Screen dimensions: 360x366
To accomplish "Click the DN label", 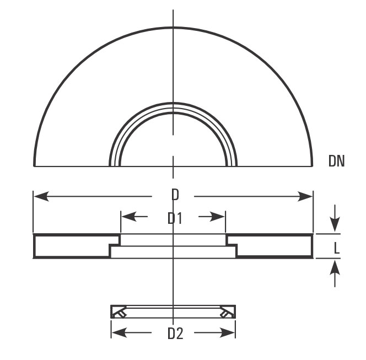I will [x=336, y=161].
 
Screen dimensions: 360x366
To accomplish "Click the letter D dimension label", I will [x=175, y=195].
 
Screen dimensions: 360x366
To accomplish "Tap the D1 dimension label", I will [x=175, y=218].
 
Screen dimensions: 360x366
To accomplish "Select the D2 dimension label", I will [x=175, y=334].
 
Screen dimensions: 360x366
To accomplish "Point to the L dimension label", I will [x=337, y=249].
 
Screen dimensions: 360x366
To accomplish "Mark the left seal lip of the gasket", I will [x=120, y=313].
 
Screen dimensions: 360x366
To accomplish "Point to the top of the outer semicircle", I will [x=173, y=28].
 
